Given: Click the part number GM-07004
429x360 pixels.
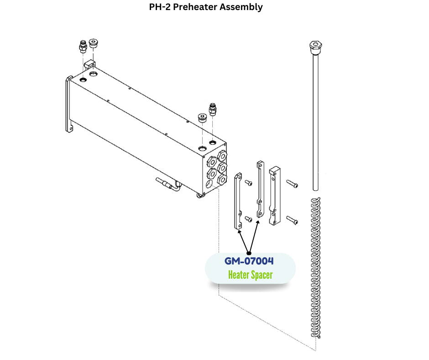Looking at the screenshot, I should click(249, 261).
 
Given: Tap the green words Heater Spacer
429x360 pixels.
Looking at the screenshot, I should click(250, 275).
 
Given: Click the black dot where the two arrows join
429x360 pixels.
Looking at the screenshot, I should click(249, 253).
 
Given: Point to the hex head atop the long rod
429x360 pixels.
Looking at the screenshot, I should click(315, 45).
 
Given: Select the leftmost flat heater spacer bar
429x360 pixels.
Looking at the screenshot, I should click(237, 201).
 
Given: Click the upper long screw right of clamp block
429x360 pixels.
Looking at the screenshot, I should click(292, 184).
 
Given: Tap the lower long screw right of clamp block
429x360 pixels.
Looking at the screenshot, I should click(292, 221).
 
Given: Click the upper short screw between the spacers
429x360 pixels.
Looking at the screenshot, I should click(248, 183).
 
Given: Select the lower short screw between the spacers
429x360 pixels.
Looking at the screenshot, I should click(248, 219).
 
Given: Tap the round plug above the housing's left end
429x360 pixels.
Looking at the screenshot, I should click(93, 44).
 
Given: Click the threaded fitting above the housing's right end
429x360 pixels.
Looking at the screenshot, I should click(212, 110).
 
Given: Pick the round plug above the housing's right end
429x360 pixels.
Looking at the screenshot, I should click(202, 118).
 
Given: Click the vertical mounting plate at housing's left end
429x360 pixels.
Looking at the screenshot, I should click(68, 105).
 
